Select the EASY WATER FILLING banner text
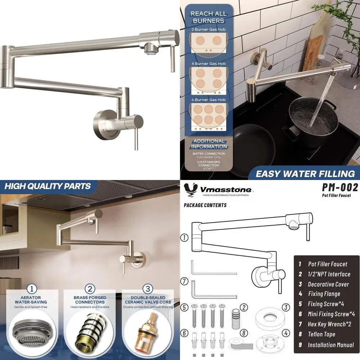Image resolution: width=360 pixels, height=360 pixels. click(305, 174)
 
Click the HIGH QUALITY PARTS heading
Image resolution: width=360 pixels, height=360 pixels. click(47, 186)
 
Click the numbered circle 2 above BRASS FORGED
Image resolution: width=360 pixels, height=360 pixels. click(90, 289)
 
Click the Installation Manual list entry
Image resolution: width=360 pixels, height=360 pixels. click(330, 345)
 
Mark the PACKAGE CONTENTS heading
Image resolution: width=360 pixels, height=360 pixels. click(205, 205)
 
